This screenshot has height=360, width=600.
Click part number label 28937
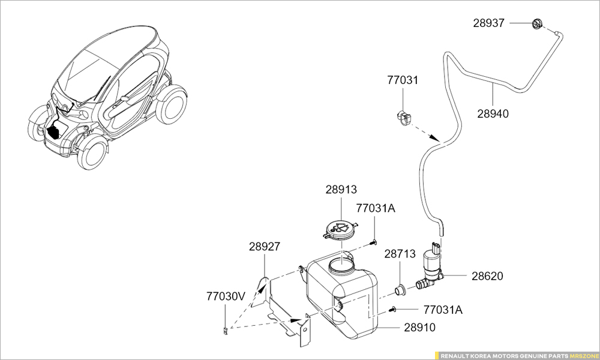coord(490,23)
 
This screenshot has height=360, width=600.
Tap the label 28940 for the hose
coord(493,113)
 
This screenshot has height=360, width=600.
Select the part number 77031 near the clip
coord(403,80)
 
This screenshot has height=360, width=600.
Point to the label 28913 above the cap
coord(341,190)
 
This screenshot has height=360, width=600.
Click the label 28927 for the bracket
coord(265,247)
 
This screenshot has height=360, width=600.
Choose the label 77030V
coord(226,296)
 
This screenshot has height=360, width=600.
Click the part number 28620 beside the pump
coord(487,277)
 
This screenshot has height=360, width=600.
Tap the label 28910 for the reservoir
coord(419,328)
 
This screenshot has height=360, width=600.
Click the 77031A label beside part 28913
coord(376,208)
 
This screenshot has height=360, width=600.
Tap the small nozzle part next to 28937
coord(536,24)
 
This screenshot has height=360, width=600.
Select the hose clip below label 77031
coord(403,117)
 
